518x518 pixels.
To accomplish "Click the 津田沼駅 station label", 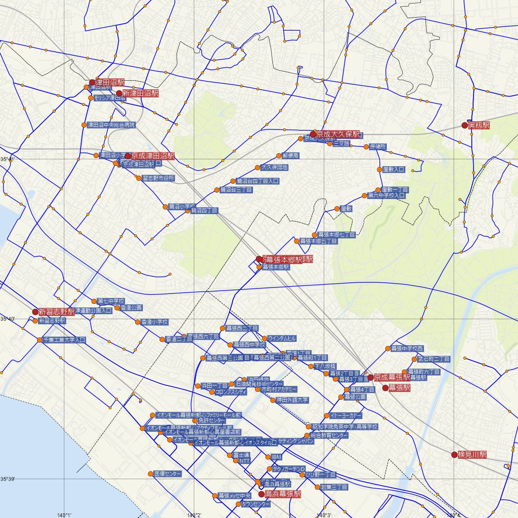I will click(x=110, y=82).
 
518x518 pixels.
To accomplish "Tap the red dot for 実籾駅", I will click(x=465, y=125).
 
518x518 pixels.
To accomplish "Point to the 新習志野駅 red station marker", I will click(x=35, y=312).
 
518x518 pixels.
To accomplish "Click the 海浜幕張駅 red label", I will click(x=283, y=494).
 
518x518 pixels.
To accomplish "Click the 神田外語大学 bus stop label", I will click(x=293, y=400).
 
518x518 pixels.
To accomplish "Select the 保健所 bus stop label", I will click(x=378, y=147).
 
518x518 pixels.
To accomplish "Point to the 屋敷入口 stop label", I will click(x=394, y=170).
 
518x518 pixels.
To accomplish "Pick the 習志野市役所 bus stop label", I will click(x=158, y=178).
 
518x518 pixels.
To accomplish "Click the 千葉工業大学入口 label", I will click(x=64, y=340).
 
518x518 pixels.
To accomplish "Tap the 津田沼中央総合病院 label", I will click(x=111, y=125).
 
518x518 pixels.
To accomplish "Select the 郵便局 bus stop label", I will click(x=291, y=155).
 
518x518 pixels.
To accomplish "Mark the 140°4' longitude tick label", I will click(x=454, y=515).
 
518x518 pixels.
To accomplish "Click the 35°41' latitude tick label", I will click(x=7, y=159).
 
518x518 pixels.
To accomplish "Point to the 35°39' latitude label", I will click(x=7, y=479).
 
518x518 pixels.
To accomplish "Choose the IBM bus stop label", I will click(x=276, y=457).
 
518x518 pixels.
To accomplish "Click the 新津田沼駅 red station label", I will click(x=141, y=93).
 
